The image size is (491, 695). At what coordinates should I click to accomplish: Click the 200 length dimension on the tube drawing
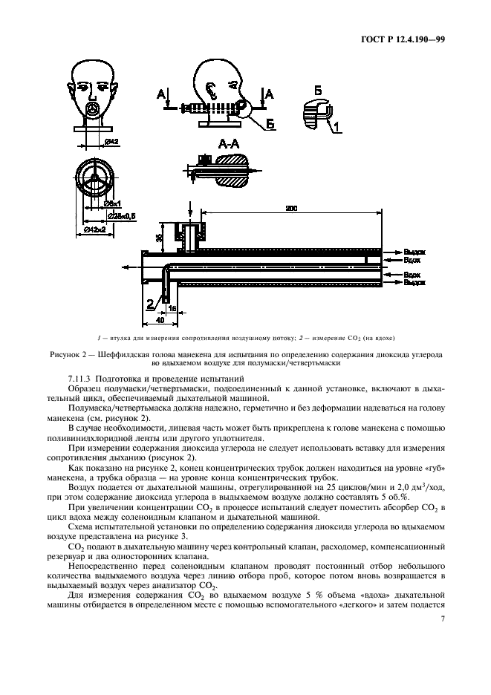[x=290, y=210]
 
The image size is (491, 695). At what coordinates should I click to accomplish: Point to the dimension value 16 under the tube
[x=172, y=306]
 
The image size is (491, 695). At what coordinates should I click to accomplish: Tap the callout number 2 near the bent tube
[x=150, y=302]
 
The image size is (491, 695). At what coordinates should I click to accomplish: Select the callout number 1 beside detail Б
[x=336, y=127]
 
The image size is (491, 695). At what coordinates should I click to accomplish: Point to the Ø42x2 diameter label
[x=94, y=229]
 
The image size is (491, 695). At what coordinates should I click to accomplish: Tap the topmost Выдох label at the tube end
[x=414, y=252]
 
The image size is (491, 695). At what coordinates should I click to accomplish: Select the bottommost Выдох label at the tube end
[x=414, y=283]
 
